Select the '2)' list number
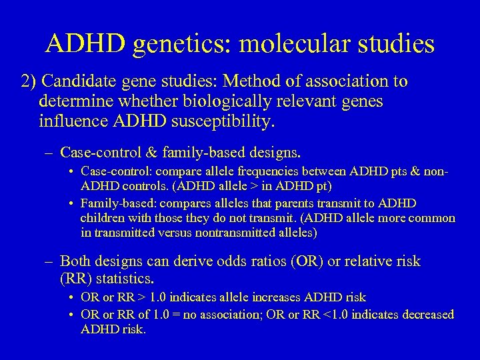[x=29, y=82]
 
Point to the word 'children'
[x=101, y=218]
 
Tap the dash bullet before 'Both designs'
[x=49, y=261]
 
